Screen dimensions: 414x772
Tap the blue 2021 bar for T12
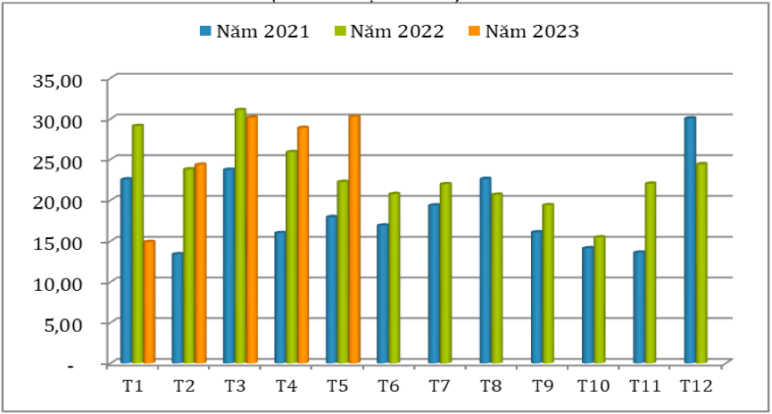[690, 240]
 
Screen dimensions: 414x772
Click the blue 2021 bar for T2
[178, 308]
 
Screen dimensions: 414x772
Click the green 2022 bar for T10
[599, 299]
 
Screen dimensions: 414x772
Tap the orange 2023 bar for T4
[303, 244]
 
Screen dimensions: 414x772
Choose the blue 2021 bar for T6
[382, 294]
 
